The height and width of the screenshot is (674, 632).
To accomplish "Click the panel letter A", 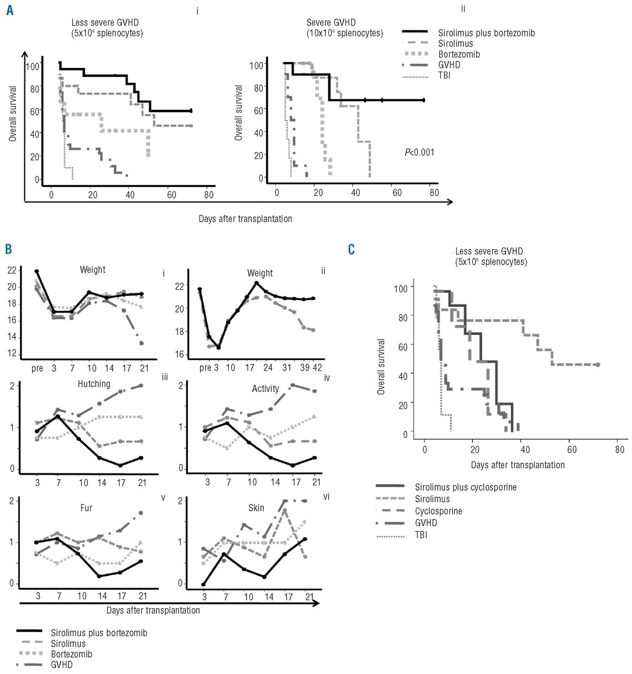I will coord(9,10).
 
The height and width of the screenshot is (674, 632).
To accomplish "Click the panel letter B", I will coord(8,249).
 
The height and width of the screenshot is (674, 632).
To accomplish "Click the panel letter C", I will coord(351,249).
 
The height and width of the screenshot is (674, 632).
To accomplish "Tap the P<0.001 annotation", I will coord(419,153).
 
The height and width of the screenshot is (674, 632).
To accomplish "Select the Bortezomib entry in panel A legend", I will coord(459,54).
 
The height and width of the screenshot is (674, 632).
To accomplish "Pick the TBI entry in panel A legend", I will coord(444,75).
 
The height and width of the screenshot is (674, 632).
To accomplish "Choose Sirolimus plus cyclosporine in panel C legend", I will coord(465,487).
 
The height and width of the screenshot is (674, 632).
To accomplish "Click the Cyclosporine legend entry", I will coord(438,511).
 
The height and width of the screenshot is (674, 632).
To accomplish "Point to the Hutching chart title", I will coord(94,384).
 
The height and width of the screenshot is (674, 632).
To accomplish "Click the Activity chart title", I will coord(265,389).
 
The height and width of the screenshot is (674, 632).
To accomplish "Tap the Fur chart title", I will coord(86,508).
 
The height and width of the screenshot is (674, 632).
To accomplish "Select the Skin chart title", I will coord(256,508).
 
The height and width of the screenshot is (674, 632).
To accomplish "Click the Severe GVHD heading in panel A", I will coord(331,23).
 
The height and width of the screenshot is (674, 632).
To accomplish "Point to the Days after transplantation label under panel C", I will coord(518,465).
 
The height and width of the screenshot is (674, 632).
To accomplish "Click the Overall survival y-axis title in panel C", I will coord(381,366).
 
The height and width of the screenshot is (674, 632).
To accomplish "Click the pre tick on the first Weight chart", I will coord(37,368).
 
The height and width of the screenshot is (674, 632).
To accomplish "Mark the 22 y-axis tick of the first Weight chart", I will coord(12,270).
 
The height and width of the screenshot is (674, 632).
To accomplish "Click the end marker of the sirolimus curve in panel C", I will coord(598,364).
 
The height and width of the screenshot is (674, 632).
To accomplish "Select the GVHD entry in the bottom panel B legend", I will coord(62,665).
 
